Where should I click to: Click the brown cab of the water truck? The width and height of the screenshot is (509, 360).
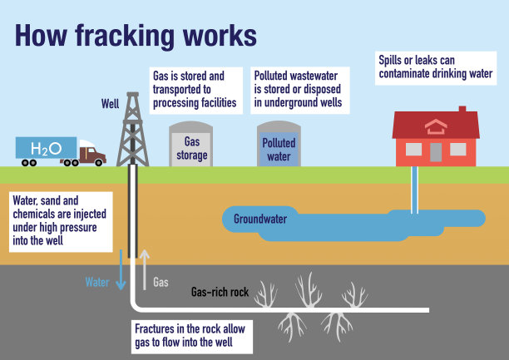[x=93, y=155]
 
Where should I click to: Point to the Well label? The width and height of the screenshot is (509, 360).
[x=110, y=106]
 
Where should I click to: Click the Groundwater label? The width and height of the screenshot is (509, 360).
[x=260, y=219]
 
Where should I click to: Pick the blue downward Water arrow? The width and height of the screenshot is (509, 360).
[x=121, y=270]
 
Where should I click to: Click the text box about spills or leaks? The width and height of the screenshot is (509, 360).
[x=436, y=67]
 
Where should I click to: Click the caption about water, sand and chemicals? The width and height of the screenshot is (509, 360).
[x=58, y=220]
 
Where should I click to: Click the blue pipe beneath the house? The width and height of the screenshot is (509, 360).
[x=414, y=190]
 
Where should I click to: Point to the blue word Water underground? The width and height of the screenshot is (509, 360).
[x=97, y=282]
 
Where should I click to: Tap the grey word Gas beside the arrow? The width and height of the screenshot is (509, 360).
[x=161, y=283]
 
